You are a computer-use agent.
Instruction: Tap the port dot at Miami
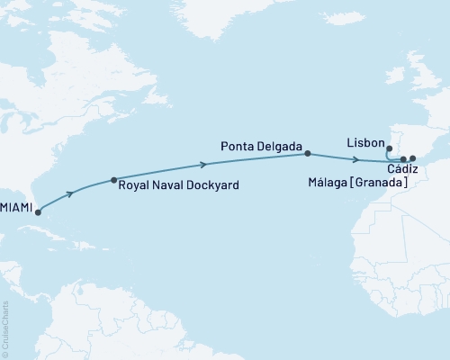tap(37, 213)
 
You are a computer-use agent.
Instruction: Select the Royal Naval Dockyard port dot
tap(112, 180)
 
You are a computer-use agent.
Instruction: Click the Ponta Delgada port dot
tap(308, 153)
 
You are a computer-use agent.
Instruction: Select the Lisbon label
tap(364, 143)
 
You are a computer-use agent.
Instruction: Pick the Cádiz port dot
tap(403, 159)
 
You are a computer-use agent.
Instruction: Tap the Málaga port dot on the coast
tap(412, 159)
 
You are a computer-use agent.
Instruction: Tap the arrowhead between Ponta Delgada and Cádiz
tap(358, 160)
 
